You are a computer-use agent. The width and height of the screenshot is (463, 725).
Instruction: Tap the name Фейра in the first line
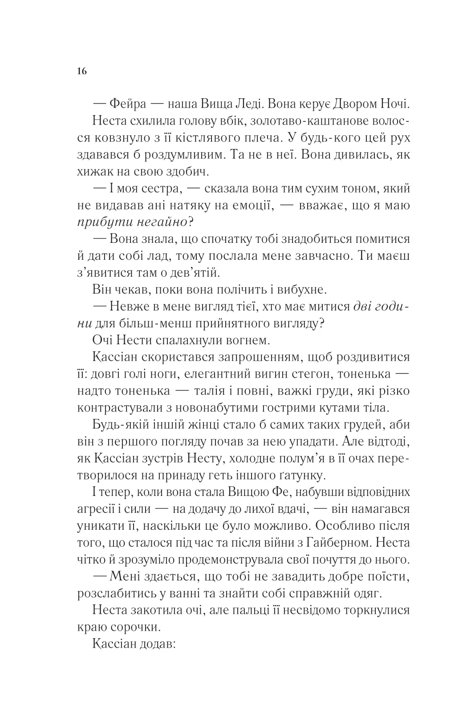click(129, 105)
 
